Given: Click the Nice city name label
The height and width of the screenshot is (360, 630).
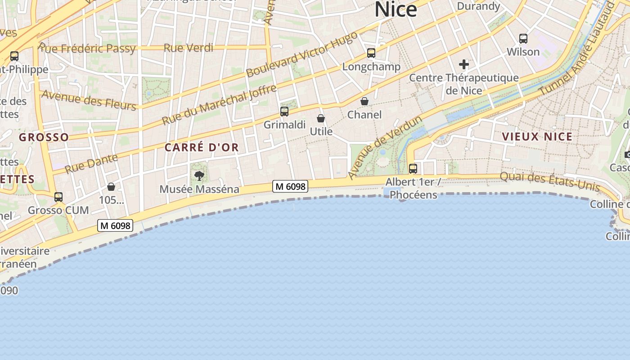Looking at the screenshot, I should [396, 9].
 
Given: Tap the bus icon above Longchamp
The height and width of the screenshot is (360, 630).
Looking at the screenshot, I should [371, 53].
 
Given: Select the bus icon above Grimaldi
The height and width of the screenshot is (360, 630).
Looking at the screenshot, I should [284, 111].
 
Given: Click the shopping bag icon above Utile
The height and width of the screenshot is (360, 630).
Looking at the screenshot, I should [321, 118].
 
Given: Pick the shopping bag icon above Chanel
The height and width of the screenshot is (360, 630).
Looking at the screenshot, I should [364, 101].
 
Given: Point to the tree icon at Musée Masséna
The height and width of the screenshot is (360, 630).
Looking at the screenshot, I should [199, 175].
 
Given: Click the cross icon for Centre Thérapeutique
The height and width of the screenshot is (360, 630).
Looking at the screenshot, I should [464, 64].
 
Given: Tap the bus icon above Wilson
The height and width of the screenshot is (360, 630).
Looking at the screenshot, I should [523, 38].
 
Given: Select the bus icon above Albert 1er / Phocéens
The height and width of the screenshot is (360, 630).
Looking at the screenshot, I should [413, 169].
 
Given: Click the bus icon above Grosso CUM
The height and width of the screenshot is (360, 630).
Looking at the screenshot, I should [58, 197].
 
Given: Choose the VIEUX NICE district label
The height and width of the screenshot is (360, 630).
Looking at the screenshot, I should [537, 136].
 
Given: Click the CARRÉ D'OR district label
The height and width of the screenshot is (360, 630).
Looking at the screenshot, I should [202, 147].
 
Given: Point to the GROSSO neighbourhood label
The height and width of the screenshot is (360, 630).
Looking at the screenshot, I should [44, 137].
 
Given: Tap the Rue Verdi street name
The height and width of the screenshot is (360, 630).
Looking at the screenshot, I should [189, 47].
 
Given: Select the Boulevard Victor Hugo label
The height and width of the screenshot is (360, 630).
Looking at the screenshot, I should [302, 54].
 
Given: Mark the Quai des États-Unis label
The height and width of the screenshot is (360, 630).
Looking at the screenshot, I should [550, 181].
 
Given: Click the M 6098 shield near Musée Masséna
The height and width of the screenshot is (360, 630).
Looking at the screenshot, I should [290, 186].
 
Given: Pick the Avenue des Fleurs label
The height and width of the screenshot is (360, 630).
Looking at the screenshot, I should [88, 100].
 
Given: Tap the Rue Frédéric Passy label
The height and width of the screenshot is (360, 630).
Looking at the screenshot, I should [87, 48].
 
